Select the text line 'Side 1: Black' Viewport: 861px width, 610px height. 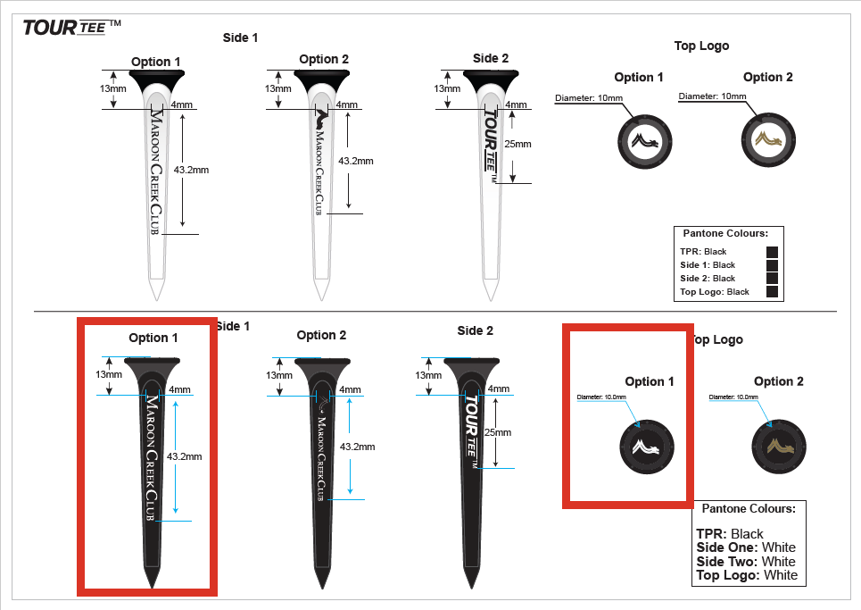coord(708,265)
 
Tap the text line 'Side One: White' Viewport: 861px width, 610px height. coord(746,547)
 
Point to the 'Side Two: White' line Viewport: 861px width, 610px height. coord(746,562)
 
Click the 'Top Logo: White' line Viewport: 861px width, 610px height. coord(747,576)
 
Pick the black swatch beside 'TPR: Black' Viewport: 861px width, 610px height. coord(773,252)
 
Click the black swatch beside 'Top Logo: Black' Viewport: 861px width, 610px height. coord(773,292)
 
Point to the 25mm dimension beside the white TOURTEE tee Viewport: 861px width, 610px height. coord(517,144)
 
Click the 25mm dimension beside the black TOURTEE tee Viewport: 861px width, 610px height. coord(498,432)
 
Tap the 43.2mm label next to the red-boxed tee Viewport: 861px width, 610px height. coord(187,456)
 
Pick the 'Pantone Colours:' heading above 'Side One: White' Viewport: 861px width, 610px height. coord(749,509)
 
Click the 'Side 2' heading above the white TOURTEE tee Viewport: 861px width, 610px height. coord(491,59)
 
